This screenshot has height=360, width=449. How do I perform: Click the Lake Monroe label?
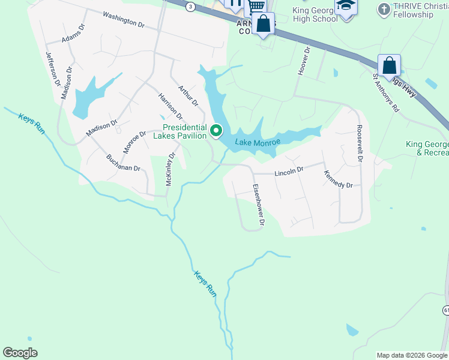(x=258, y=142)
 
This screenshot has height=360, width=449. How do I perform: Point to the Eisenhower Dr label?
(x=258, y=205)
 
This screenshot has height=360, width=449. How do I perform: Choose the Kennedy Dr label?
(x=338, y=179)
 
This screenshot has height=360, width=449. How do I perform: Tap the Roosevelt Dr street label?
(x=360, y=143)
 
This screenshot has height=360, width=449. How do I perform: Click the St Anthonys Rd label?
(x=385, y=93)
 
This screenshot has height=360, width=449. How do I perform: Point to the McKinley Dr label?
(x=170, y=169)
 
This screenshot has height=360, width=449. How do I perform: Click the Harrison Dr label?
(x=170, y=106)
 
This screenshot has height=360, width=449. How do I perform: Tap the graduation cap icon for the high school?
(x=345, y=6)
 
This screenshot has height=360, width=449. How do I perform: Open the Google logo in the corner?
(x=20, y=353)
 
